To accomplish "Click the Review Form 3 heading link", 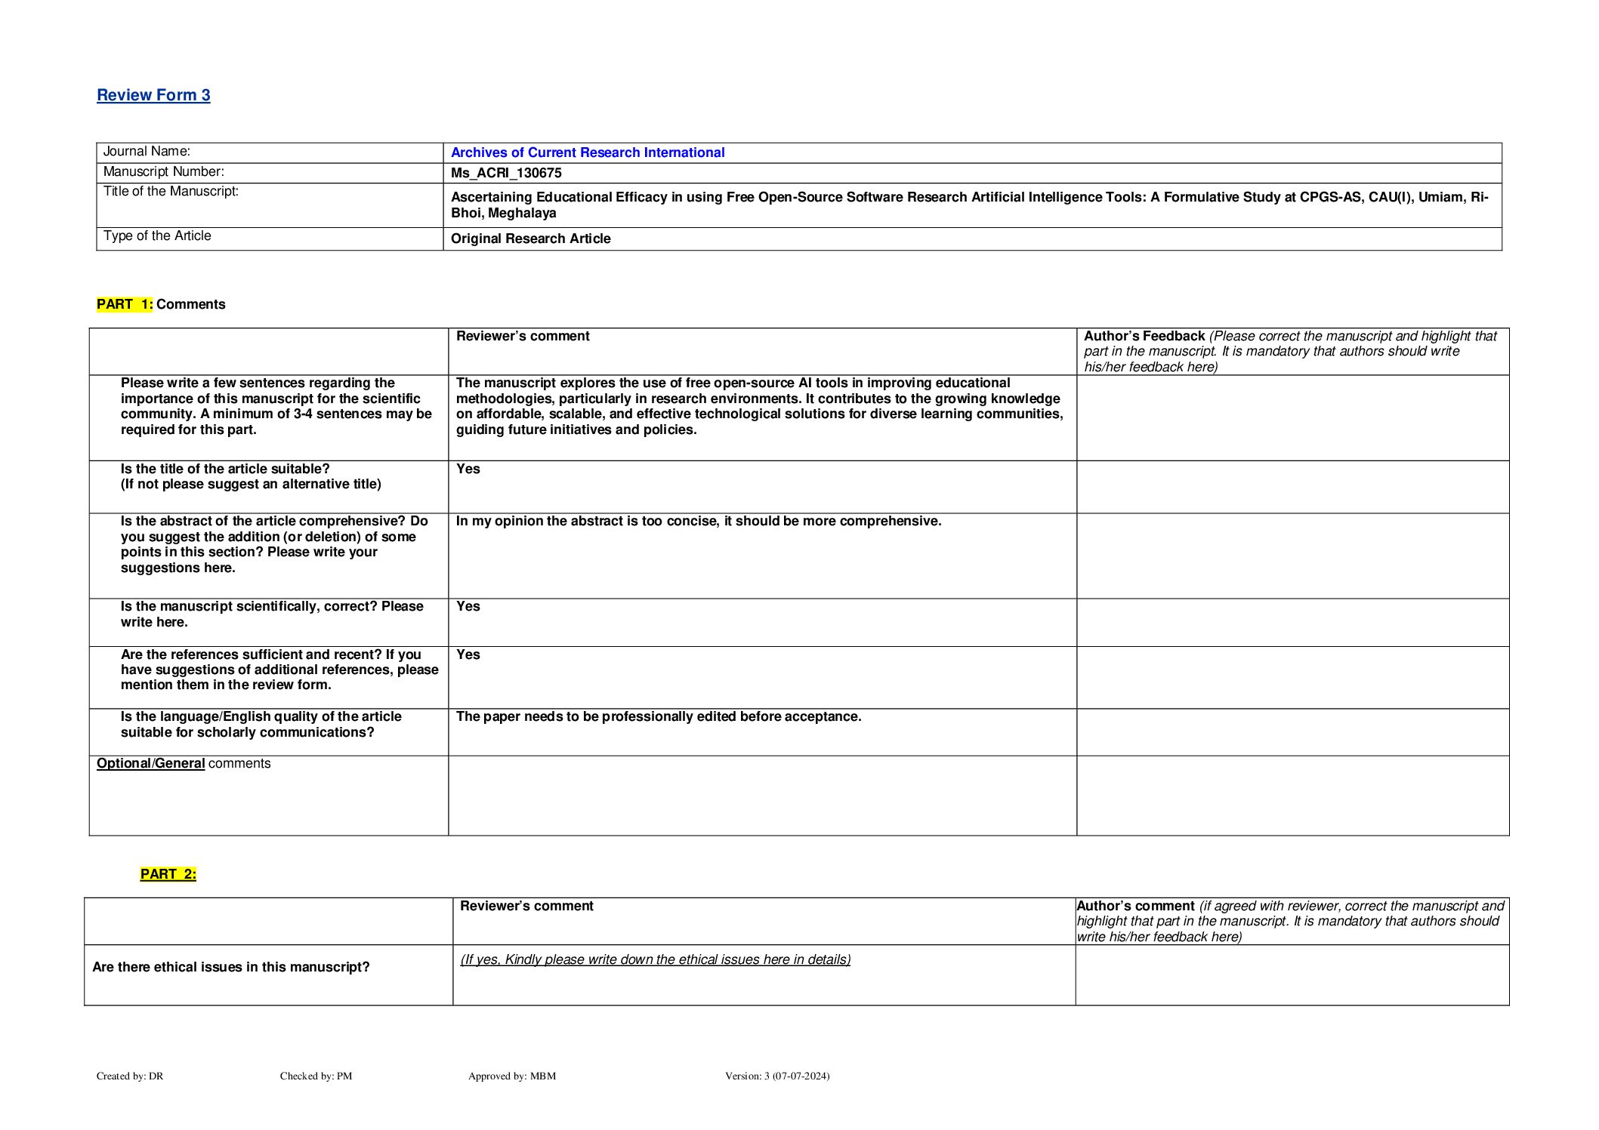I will (153, 95).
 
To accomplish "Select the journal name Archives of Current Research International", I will (587, 152).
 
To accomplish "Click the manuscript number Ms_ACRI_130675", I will (506, 173).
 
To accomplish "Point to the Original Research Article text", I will (530, 239).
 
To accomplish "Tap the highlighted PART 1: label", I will (125, 304).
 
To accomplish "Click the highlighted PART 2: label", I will (168, 874).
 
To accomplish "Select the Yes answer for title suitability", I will (468, 469).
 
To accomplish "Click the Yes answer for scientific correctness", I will (468, 606).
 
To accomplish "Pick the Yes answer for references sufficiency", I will (468, 654).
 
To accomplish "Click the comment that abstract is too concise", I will (698, 521).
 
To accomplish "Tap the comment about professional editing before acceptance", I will (658, 716).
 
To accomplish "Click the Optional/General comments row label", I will (183, 763).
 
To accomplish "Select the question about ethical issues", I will (230, 967).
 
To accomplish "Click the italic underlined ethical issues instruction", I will (655, 959).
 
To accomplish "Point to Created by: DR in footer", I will (130, 1076).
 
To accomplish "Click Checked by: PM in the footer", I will (316, 1076).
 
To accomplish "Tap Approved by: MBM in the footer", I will (511, 1076).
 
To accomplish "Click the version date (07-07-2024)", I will (801, 1076).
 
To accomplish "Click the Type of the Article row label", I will (157, 236).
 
